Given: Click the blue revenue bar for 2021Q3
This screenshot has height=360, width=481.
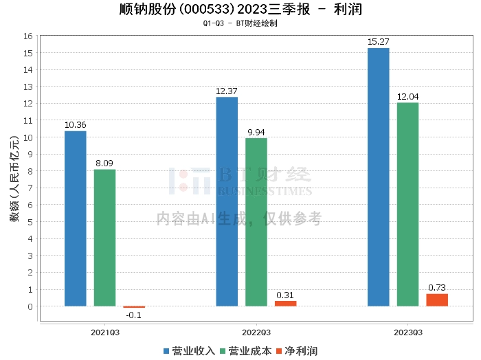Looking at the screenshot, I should (76, 218).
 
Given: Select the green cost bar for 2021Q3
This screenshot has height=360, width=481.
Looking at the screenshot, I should (105, 238).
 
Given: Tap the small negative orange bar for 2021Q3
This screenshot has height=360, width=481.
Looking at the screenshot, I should (134, 307).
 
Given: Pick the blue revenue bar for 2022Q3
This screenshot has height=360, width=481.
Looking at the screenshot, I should (227, 201).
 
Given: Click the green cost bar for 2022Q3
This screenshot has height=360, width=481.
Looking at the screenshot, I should (256, 222).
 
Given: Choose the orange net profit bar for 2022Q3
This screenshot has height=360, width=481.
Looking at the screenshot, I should (286, 303).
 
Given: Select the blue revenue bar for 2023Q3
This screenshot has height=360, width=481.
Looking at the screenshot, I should (378, 177).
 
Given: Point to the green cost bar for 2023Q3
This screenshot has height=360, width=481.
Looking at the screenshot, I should (407, 204).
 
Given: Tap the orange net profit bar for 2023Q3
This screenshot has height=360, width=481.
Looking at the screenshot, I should (437, 300).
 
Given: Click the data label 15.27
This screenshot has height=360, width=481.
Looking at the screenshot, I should (378, 42).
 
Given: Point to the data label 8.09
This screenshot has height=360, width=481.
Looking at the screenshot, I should (105, 164).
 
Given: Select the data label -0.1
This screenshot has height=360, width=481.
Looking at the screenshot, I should (134, 315).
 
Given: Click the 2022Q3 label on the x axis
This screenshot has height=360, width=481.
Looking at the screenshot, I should (256, 332).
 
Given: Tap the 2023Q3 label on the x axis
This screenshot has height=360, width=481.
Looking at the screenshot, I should (407, 332).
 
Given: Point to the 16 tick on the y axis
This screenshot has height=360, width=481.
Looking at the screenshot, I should (29, 36).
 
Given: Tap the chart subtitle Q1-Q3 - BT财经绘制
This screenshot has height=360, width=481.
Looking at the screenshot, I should (240, 23).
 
